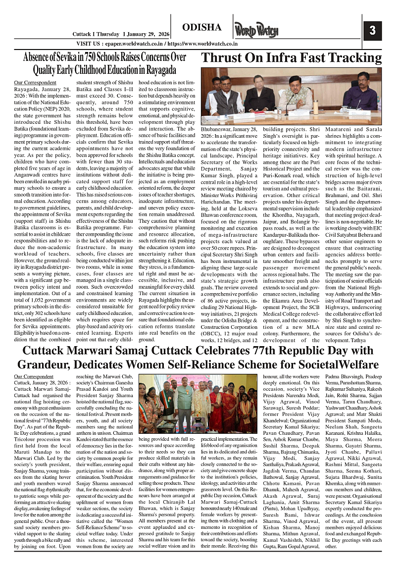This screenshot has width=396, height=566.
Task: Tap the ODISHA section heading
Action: click(x=201, y=27)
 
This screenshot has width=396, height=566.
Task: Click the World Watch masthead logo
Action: click(x=254, y=30)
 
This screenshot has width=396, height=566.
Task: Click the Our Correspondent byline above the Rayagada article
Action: click(x=35, y=82)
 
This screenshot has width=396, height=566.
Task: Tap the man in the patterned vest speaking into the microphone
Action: click(x=296, y=94)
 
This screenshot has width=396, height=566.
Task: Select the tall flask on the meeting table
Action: click(x=316, y=106)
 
